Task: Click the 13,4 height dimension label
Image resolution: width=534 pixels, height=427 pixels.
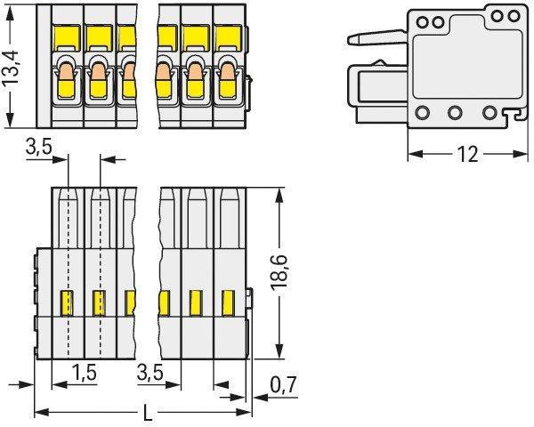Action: pyautogui.click(x=12, y=68)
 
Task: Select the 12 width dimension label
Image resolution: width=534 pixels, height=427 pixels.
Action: pyautogui.click(x=468, y=155)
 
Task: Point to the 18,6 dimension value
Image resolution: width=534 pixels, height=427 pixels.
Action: pyautogui.click(x=279, y=273)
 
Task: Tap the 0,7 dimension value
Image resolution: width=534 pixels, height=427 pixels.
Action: pyautogui.click(x=283, y=384)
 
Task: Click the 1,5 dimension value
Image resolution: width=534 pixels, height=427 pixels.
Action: pyautogui.click(x=85, y=372)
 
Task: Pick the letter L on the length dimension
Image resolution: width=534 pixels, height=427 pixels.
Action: pyautogui.click(x=148, y=413)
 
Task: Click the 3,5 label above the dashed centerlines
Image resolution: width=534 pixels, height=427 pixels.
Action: pyautogui.click(x=39, y=148)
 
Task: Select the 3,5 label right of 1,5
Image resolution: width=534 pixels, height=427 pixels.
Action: pyautogui.click(x=150, y=372)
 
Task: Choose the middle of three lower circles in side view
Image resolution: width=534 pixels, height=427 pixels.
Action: pyautogui.click(x=455, y=112)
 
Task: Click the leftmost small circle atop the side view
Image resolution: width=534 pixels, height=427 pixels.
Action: pyautogui.click(x=422, y=23)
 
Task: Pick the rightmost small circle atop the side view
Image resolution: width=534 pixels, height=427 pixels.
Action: pyautogui.click(x=514, y=16)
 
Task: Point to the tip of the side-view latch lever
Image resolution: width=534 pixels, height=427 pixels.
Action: pyautogui.click(x=350, y=40)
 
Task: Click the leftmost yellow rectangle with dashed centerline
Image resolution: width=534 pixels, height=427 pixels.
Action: pyautogui.click(x=67, y=302)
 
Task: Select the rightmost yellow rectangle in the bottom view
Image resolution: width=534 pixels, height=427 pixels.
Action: pyautogui.click(x=228, y=302)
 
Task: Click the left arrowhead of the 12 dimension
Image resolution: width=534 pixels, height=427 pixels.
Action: pyautogui.click(x=415, y=154)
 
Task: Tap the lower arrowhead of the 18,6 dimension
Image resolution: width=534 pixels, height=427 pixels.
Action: pyautogui.click(x=279, y=351)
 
